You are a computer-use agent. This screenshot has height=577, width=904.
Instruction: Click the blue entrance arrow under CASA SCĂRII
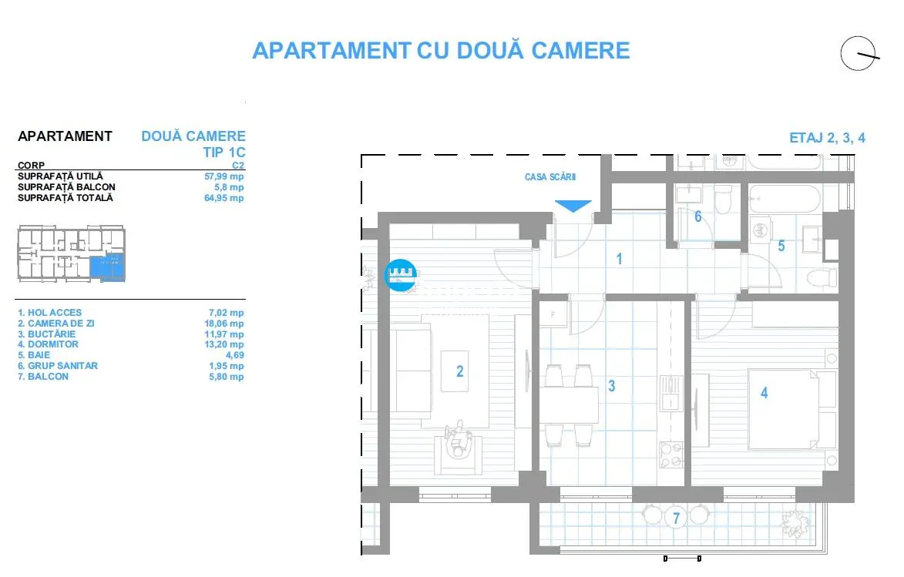point(573,206)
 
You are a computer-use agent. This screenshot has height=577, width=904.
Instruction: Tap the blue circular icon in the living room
point(400,275)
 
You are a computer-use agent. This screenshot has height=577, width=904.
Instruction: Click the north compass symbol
point(859,54)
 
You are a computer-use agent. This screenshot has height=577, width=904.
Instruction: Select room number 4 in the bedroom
point(764,393)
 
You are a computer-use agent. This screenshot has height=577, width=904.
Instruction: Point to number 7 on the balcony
point(677,518)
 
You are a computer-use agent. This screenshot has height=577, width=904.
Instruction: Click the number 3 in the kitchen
point(612,386)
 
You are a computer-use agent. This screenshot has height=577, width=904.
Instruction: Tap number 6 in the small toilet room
point(697,216)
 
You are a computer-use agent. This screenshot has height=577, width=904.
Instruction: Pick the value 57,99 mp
point(223,176)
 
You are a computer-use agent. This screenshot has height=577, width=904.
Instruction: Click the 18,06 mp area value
point(223,324)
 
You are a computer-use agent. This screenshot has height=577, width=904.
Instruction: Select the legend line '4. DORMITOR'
point(48,344)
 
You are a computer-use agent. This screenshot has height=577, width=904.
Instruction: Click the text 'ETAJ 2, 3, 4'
point(827,138)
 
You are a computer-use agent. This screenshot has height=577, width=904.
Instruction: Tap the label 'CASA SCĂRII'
point(550,177)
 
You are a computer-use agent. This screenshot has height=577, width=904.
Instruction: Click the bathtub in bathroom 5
point(784,198)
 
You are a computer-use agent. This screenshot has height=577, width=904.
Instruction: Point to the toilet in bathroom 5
point(822,279)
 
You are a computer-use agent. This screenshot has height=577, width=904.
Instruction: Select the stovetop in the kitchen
point(671,455)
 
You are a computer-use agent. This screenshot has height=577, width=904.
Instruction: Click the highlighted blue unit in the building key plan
point(107,267)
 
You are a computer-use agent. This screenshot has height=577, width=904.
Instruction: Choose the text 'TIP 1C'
point(223,153)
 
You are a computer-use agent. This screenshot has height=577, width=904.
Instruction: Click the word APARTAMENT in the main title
point(331,51)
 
